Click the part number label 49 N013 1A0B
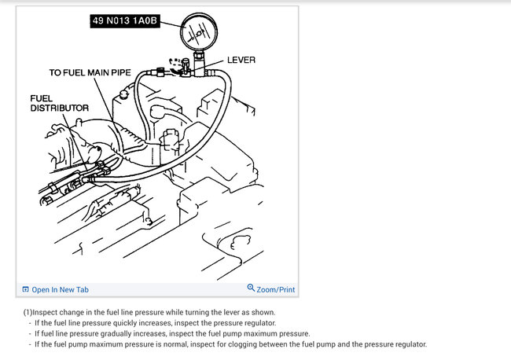coord(125,21)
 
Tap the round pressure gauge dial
coord(198,31)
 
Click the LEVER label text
coord(241,60)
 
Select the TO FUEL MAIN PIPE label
coord(90,72)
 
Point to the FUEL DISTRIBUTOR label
coord(59,103)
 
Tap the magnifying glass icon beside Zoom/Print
coord(251,288)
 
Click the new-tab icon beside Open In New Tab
coord(25,289)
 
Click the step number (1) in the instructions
coord(28,312)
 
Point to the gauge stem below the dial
coord(199,62)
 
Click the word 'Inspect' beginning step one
coord(45,312)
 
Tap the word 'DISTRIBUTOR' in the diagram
coord(59,108)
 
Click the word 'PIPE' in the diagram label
coord(121,72)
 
